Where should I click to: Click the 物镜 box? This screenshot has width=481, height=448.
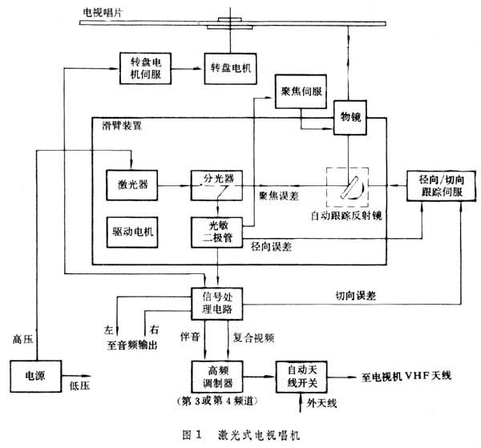pyautogui.click(x=350, y=118)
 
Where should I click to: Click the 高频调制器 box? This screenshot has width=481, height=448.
pyautogui.click(x=216, y=373)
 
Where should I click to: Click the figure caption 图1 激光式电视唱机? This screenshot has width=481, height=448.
pyautogui.click(x=240, y=434)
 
